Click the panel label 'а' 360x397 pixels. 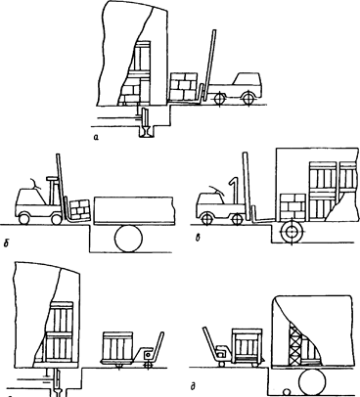coord(96,137)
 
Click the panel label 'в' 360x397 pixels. coord(198,238)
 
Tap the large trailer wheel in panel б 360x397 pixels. coord(128,238)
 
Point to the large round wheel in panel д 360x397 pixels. coord(312,381)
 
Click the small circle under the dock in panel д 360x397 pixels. coord(286,391)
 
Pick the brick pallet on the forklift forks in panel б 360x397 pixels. coord(79,208)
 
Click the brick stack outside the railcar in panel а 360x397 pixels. coord(184,85)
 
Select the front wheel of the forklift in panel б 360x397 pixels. coord(57,218)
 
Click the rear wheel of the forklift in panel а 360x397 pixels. coord(248,98)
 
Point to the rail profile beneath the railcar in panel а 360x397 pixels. coord(145,123)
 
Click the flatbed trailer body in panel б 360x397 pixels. coord(133,210)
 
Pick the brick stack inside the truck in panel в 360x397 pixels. coord(292,206)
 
